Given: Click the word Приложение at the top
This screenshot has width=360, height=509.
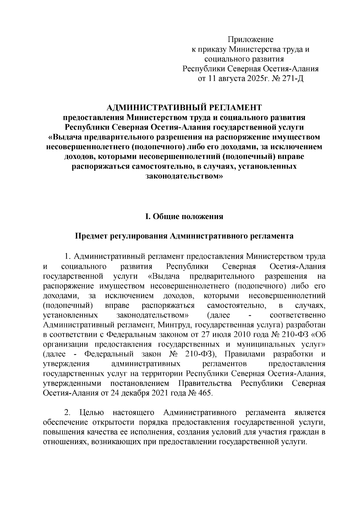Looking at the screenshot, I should (x=250, y=39).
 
